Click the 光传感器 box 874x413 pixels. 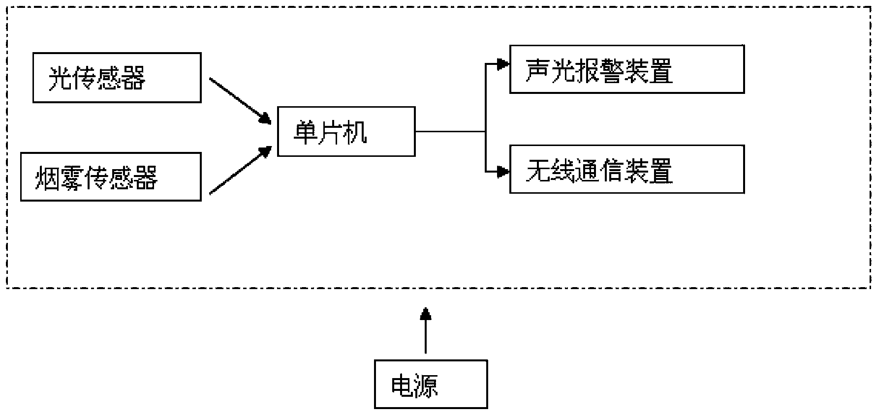point(117,78)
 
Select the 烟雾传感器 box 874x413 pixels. point(111,177)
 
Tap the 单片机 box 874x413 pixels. point(346,132)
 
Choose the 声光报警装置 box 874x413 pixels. point(626,69)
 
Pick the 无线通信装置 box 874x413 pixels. point(626,169)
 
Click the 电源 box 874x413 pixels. point(431,384)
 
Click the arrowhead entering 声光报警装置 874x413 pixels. point(502,64)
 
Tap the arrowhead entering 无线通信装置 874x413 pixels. point(502,172)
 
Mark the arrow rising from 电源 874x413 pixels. point(426,332)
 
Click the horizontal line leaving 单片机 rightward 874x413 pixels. point(450,132)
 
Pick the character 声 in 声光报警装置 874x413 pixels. point(537,71)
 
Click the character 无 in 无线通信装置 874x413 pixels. point(537,171)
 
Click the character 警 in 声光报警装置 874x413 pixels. point(611,71)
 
